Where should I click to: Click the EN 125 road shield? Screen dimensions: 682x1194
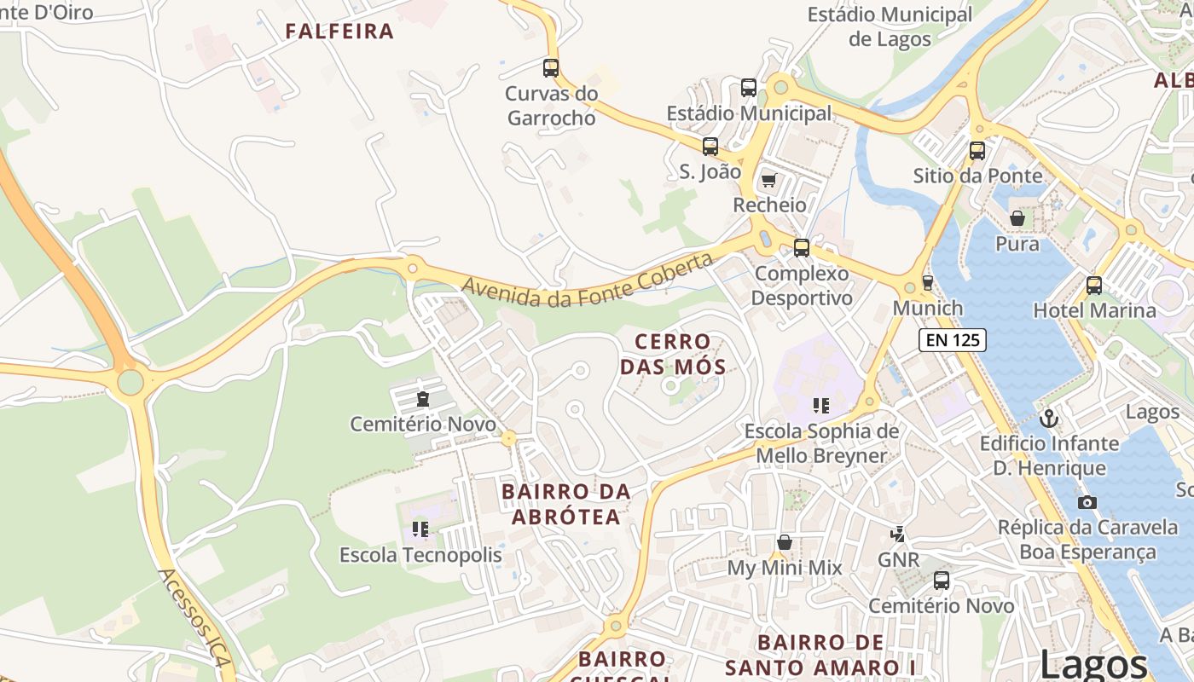952,340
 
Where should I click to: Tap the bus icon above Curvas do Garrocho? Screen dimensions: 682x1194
551,68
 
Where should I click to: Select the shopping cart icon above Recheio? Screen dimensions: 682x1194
768,180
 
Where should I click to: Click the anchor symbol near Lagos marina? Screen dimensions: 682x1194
1049,418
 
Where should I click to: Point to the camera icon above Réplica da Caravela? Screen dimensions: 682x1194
1087,502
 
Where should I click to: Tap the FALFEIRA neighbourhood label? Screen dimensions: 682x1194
339,32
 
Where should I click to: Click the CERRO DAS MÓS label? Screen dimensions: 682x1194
673,354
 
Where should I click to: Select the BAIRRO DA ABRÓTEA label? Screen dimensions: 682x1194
566,504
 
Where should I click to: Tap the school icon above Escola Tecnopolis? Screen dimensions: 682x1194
420,529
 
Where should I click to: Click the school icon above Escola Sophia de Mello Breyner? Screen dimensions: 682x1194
821,406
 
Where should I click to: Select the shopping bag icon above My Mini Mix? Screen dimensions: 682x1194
784,542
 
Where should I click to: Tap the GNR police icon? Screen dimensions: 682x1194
897,535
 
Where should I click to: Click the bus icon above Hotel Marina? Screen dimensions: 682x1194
1094,285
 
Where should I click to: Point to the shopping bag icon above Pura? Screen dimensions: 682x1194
1017,218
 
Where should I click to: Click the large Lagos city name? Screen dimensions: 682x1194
1094,663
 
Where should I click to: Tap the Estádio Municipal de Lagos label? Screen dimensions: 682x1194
890,26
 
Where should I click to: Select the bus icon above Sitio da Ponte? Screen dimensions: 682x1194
977,151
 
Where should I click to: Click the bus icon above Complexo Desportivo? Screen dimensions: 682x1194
802,248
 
